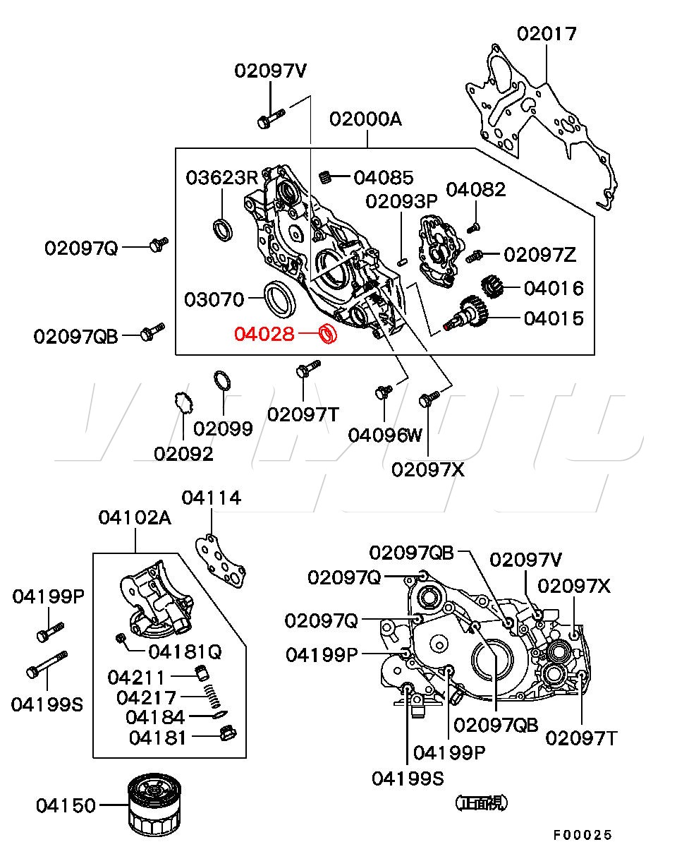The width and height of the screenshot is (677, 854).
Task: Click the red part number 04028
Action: click(x=264, y=333)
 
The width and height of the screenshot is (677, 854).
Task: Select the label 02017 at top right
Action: click(x=547, y=33)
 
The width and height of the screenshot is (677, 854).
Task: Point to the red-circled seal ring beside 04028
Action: click(x=328, y=333)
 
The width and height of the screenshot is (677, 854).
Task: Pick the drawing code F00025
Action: click(x=582, y=835)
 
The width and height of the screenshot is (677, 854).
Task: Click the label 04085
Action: click(x=384, y=177)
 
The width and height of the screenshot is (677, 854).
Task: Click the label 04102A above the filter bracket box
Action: click(x=134, y=518)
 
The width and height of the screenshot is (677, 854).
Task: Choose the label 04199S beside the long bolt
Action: click(x=47, y=704)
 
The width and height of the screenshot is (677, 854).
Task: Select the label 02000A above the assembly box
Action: click(x=365, y=119)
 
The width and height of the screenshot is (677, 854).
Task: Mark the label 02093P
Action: click(x=401, y=201)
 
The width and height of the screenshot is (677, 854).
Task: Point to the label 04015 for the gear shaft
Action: click(x=554, y=318)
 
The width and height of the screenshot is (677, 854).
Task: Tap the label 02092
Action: click(x=183, y=454)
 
